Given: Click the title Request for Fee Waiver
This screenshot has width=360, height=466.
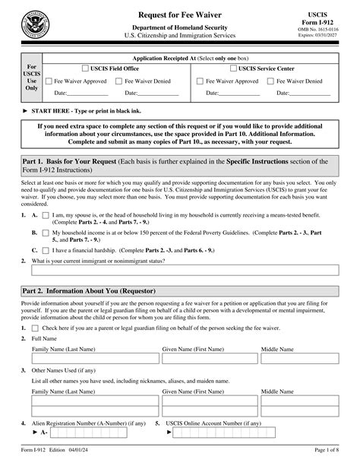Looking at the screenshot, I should (x=180, y=15).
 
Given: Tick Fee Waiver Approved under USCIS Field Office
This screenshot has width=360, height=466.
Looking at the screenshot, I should (x=49, y=81).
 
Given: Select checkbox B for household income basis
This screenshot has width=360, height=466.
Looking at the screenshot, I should (x=45, y=210).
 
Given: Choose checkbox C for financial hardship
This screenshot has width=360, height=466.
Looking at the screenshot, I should (x=45, y=227).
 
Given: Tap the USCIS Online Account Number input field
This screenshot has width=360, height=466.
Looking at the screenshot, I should (x=228, y=433).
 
